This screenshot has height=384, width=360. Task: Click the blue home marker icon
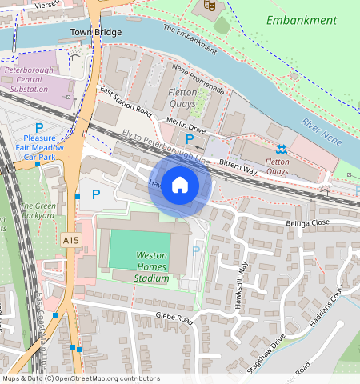(x=180, y=186)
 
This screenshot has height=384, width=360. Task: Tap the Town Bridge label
(x=96, y=33)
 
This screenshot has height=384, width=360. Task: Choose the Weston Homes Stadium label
(x=152, y=266)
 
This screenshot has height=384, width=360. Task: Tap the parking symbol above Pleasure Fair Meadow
(x=38, y=128)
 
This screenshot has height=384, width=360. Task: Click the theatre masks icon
(x=210, y=6)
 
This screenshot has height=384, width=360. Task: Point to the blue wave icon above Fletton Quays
(x=282, y=149)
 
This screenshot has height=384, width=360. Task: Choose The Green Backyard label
(x=38, y=210)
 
